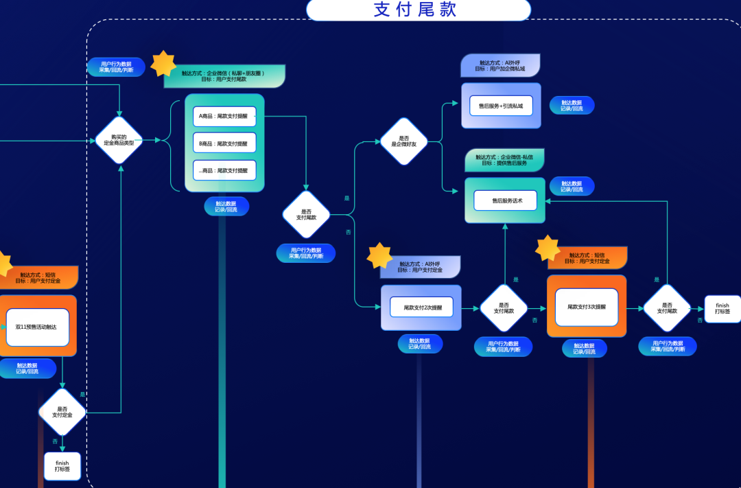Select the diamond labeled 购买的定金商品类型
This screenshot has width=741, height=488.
pos(119,141)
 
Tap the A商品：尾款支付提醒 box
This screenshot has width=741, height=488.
pos(224,117)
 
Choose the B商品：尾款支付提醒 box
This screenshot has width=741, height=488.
pos(224,143)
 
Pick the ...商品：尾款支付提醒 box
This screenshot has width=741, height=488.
pos(224,170)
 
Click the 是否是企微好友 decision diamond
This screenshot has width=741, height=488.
pos(403,141)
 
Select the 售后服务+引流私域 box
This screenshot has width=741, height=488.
pos(501,106)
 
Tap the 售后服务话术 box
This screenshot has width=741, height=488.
pos(505,200)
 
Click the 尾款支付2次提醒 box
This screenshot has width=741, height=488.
pos(421,307)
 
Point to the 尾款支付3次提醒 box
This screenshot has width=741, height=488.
pos(586,307)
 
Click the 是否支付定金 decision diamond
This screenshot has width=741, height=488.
pos(62,413)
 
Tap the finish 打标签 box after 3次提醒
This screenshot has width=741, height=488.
pos(722,308)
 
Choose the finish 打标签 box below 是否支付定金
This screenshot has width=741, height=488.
pos(62,466)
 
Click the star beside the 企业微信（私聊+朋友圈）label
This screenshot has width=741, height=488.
pos(163,64)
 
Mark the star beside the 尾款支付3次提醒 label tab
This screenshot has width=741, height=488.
pos(548,248)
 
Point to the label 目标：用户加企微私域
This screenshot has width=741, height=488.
pos(499,69)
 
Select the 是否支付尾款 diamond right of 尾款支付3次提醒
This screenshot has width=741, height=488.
pos(667,308)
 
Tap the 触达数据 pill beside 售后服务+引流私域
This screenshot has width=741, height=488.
pos(572,105)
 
